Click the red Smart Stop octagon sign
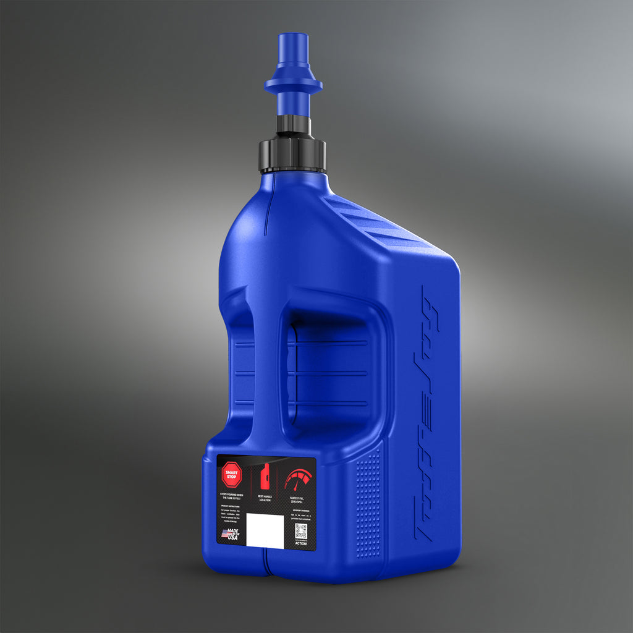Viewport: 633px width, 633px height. coord(231,475)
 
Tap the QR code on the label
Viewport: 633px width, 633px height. coord(301,530)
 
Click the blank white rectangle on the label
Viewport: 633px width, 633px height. coord(265,530)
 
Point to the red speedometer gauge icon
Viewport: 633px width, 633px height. coord(299,478)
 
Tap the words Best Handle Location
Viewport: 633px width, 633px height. coord(265,497)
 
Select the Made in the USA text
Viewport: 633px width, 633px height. coord(233,535)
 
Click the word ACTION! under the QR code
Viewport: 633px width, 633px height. coord(301,543)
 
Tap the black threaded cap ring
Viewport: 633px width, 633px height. coord(292,155)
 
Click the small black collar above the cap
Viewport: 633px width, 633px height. coord(293,124)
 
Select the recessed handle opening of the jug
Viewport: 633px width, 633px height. coord(328,371)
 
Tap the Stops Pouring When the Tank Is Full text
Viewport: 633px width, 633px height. coord(232,496)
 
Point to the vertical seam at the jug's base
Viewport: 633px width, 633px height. coord(265,563)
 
